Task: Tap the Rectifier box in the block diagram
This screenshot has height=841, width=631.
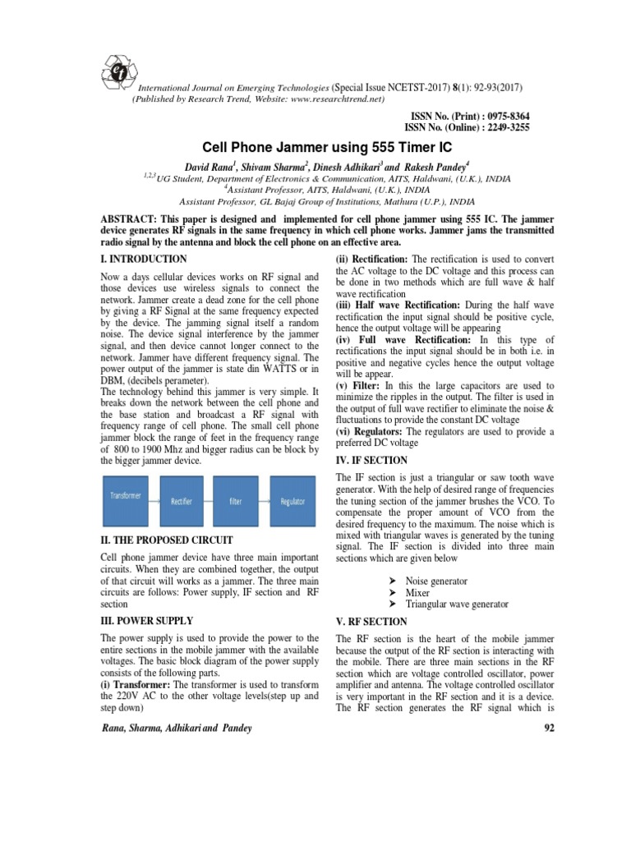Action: point(182,501)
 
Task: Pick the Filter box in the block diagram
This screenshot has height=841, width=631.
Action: point(236,501)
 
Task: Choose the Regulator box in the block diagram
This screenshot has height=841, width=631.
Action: point(292,501)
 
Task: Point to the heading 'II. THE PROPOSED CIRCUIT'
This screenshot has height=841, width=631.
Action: point(167,540)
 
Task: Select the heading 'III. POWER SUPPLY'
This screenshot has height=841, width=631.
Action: point(146,620)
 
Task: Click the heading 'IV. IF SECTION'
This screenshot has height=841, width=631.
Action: point(372,461)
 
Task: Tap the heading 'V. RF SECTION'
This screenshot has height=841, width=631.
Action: point(373,621)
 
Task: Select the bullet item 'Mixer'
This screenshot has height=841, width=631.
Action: point(418,592)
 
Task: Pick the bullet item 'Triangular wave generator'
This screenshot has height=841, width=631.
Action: point(468,604)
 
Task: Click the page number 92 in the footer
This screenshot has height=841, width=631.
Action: point(527,728)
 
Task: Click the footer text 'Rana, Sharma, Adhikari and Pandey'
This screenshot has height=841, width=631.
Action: point(177,728)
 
